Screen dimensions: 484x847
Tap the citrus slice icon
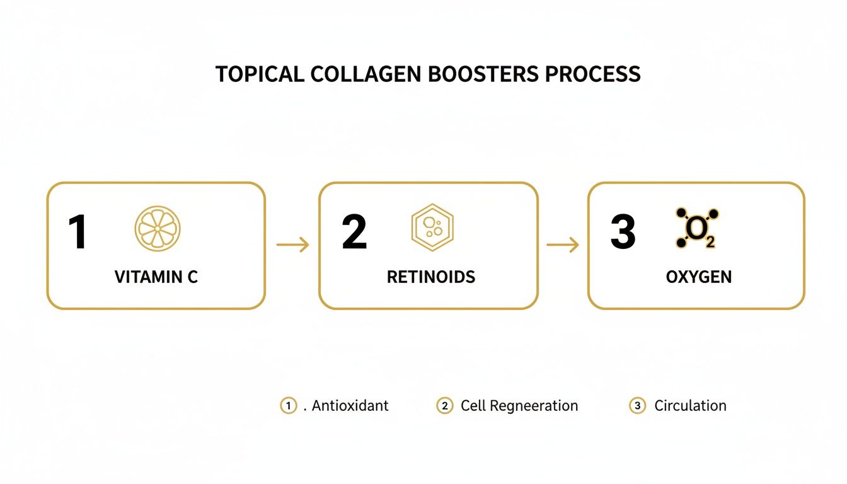point(158,228)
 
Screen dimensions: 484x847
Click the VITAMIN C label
point(156,277)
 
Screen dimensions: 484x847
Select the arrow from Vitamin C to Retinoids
point(292,245)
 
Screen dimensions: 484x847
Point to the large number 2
point(354,232)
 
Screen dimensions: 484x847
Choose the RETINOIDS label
point(431,277)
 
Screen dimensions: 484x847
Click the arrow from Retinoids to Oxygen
point(562,245)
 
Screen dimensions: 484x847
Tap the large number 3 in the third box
point(623,232)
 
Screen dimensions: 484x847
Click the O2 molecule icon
point(697,228)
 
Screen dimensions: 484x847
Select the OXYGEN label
point(699,277)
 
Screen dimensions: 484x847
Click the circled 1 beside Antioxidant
point(288,406)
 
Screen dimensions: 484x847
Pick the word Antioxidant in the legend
point(350,406)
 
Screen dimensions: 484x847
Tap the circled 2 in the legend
point(444,406)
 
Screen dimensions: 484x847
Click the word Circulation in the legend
point(690,406)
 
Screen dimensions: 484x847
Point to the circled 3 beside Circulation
point(637,406)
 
